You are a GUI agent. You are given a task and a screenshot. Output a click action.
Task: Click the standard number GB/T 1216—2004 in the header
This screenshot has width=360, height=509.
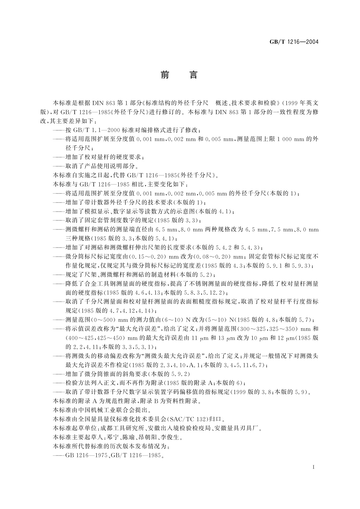tap(294, 42)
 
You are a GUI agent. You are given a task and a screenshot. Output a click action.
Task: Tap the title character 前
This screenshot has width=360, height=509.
tap(165, 75)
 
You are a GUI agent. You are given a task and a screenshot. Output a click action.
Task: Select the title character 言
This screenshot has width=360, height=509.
tap(193, 75)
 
